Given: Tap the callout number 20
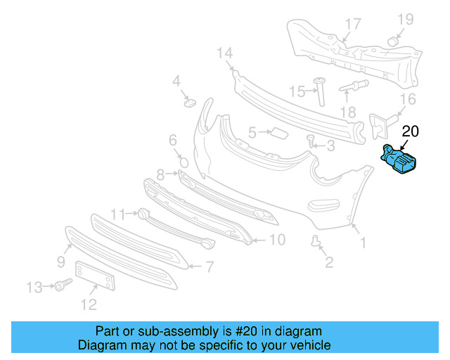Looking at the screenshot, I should click(x=410, y=131).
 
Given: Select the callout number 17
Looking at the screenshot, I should click(x=352, y=24).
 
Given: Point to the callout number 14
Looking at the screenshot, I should click(x=224, y=53).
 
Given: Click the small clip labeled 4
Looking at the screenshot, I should click(x=188, y=103).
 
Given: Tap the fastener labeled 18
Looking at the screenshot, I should click(x=354, y=88).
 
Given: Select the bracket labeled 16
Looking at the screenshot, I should click(x=380, y=124).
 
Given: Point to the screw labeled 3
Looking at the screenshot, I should click(x=311, y=143).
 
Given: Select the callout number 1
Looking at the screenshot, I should click(x=363, y=244).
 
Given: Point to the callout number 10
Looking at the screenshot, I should click(x=277, y=240).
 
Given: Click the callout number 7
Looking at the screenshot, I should click(x=209, y=266).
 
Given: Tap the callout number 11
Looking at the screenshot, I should click(x=117, y=213).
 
